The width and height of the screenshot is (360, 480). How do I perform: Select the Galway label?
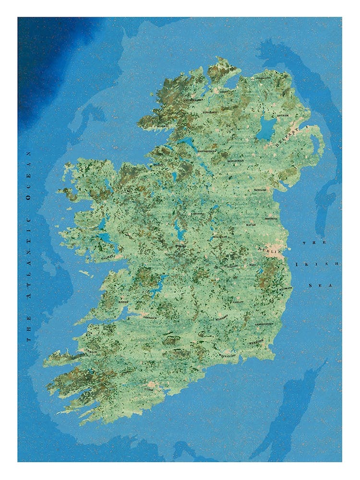pyautogui.click(x=108, y=257)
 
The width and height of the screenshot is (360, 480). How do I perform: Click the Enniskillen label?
pyautogui.click(x=207, y=150)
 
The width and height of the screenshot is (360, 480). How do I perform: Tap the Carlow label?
pyautogui.click(x=239, y=302)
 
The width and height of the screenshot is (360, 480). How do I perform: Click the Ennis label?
pyautogui.click(x=123, y=302)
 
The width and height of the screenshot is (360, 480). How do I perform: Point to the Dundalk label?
pyautogui.click(x=260, y=189)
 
